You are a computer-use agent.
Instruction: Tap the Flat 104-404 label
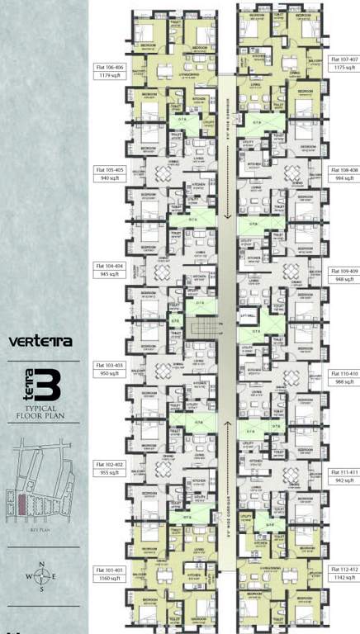(x=107, y=267)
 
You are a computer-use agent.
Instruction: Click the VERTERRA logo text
(x=40, y=339)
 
